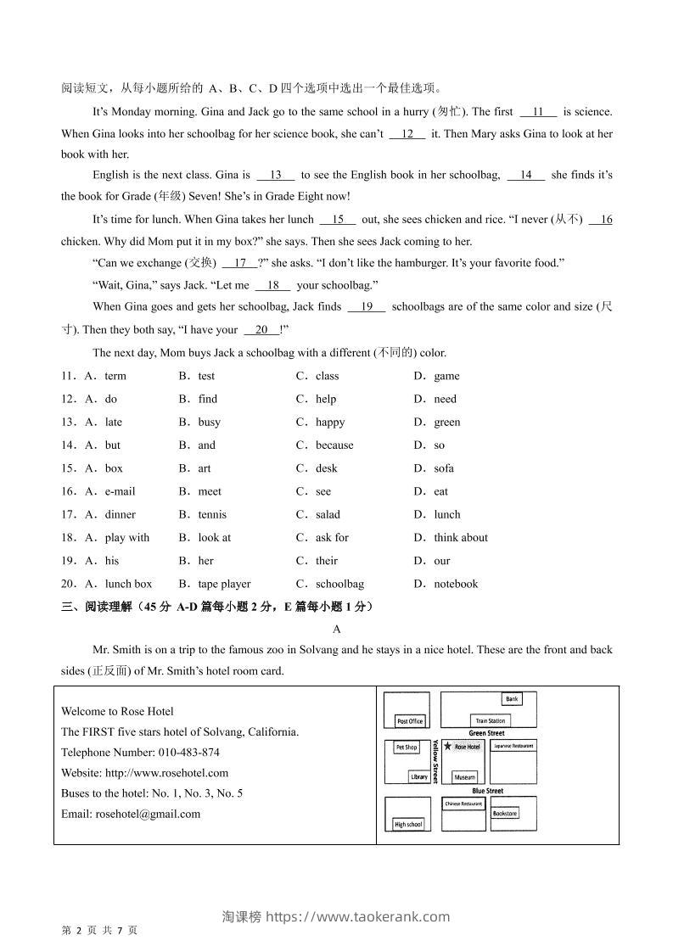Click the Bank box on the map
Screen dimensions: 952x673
512,699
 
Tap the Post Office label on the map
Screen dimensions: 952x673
410,721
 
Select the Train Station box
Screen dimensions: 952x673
490,720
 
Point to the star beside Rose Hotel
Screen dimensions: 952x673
447,747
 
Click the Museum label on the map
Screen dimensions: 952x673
464,776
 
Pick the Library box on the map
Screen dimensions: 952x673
419,776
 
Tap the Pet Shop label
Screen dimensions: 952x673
407,748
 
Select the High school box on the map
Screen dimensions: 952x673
408,824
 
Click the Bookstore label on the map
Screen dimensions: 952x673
504,813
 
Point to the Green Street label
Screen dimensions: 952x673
486,733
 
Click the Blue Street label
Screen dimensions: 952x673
487,791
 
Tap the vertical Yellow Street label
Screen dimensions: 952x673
436,761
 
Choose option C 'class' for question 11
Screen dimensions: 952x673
327,376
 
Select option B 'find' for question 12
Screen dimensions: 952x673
207,399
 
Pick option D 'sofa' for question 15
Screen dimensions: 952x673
443,468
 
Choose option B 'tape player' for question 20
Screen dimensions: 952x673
224,584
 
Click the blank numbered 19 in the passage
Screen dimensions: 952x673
367,307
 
